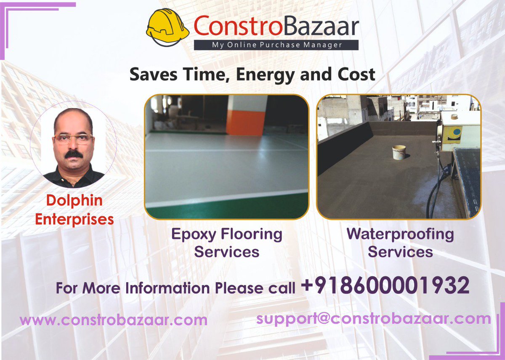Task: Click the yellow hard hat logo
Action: click(167, 28)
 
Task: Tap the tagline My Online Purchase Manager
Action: click(276, 45)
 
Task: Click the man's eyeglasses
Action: click(73, 139)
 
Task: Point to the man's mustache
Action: click(74, 154)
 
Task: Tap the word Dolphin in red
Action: click(74, 200)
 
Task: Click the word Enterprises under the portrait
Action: click(74, 219)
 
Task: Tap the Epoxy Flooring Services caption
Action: click(226, 243)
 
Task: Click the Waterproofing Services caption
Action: click(400, 243)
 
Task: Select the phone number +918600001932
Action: click(385, 286)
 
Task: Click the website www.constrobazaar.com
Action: click(114, 320)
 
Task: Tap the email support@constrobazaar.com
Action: click(374, 318)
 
